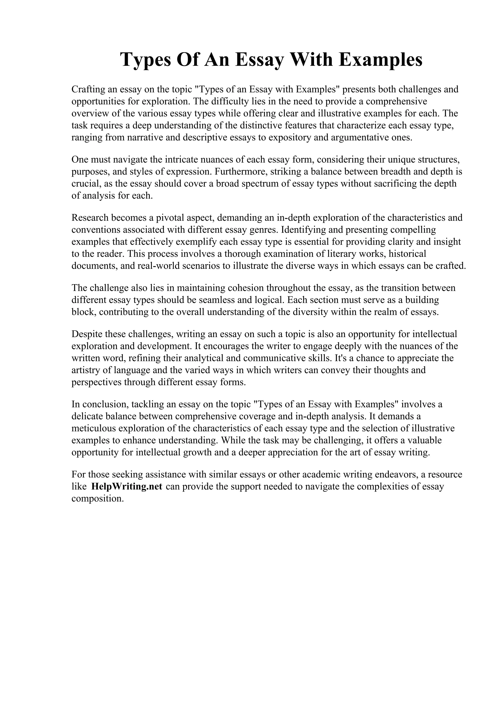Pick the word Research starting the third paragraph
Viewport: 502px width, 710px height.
tap(90, 218)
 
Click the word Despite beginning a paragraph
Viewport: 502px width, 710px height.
tap(87, 334)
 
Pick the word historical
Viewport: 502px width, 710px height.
tap(407, 254)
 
